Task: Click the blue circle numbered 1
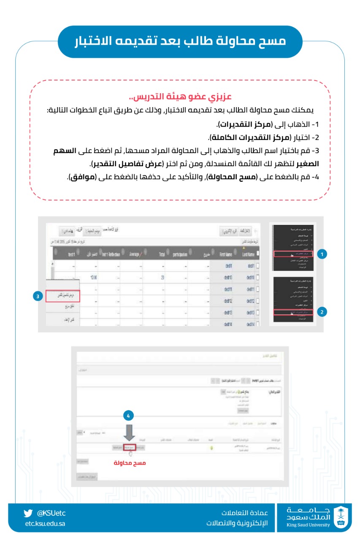pyautogui.click(x=322, y=254)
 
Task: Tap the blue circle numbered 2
pyautogui.click(x=322, y=312)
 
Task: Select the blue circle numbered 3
pyautogui.click(x=38, y=296)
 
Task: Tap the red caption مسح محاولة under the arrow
pyautogui.click(x=130, y=463)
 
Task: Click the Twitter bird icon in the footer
pyautogui.click(x=28, y=513)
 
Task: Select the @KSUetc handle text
pyautogui.click(x=51, y=513)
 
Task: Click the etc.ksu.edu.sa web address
pyautogui.click(x=45, y=524)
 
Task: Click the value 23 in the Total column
pyautogui.click(x=162, y=278)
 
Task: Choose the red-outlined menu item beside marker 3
pyautogui.click(x=62, y=296)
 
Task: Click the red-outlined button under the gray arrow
pyautogui.click(x=130, y=447)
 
